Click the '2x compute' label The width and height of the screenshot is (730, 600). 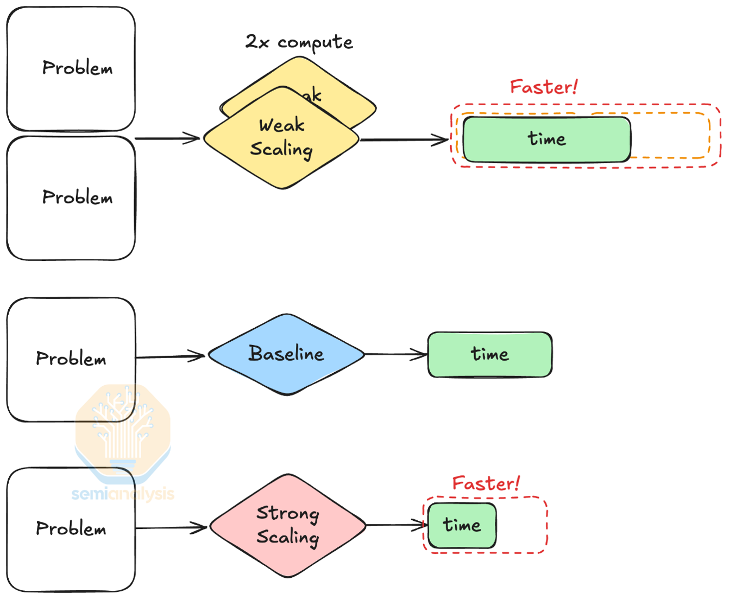coord(299,42)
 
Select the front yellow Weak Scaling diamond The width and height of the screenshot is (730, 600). coord(281,138)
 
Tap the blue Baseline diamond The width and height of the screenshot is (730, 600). coord(286,354)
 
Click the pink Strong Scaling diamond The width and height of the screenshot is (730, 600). coord(287,525)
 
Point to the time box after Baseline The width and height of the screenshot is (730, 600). coord(490,354)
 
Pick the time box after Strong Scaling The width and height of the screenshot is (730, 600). coord(462,525)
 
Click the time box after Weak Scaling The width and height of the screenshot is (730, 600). coord(546,139)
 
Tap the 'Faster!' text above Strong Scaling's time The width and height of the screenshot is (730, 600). coord(486,483)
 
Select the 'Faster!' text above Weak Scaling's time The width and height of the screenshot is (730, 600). coord(544,87)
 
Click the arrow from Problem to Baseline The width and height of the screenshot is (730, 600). coord(170,356)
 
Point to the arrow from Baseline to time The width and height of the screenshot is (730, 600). coord(396,354)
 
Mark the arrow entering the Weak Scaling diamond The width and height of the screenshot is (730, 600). coord(167,138)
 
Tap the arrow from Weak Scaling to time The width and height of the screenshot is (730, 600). coord(404,140)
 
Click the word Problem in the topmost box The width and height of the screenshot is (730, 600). coord(77,68)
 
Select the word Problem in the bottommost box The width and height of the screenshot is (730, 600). coord(71,528)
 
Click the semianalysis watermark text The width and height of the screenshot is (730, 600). coord(123,494)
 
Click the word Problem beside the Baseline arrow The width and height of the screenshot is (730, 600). coord(71,359)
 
